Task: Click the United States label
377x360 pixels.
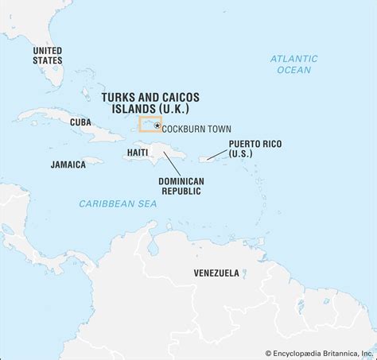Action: [47, 54]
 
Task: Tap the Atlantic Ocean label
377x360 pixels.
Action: [293, 64]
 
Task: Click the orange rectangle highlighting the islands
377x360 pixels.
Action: [150, 124]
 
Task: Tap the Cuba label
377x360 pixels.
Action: [80, 122]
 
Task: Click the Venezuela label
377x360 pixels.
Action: [216, 273]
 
